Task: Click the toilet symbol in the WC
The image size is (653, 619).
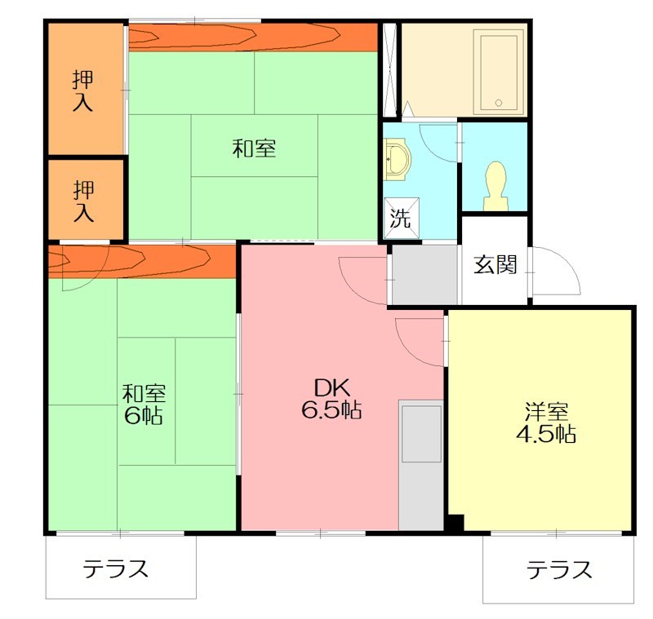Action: click(495, 186)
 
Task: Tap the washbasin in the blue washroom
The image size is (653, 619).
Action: click(398, 159)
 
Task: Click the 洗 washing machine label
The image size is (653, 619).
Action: click(401, 219)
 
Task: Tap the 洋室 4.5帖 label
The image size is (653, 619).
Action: click(545, 422)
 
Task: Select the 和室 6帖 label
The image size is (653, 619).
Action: click(144, 404)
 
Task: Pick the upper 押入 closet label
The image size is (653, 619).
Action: click(83, 91)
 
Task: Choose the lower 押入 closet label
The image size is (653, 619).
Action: click(83, 201)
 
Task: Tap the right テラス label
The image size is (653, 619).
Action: click(559, 568)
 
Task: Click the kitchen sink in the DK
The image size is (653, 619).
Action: click(421, 432)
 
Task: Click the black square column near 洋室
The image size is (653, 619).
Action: click(455, 524)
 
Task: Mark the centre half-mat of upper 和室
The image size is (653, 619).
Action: click(254, 145)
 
